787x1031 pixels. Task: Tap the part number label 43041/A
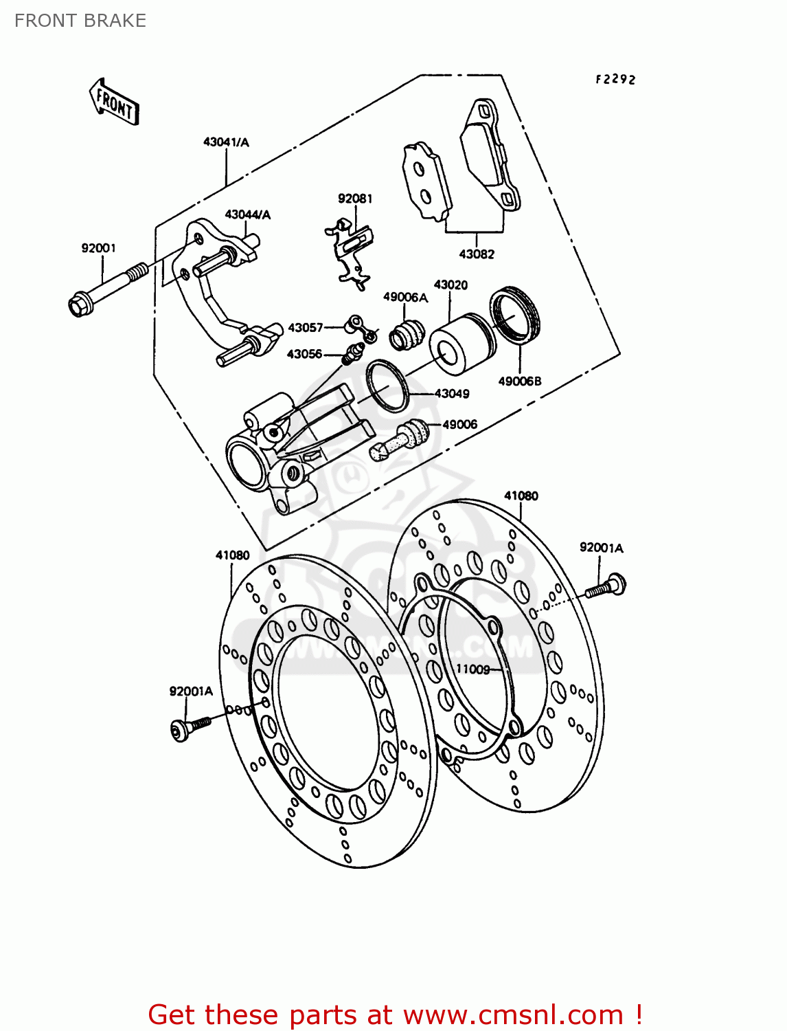tap(226, 142)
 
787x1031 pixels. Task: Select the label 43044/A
tap(248, 214)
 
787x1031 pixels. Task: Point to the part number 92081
tap(355, 199)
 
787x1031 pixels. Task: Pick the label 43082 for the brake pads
tap(477, 254)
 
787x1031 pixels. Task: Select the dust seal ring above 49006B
tap(515, 315)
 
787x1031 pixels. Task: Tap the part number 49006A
tap(405, 297)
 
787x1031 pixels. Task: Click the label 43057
tap(306, 328)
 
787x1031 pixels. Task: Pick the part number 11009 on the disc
tap(473, 669)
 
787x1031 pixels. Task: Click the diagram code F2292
tap(615, 80)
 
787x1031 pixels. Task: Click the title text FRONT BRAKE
tap(80, 21)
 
